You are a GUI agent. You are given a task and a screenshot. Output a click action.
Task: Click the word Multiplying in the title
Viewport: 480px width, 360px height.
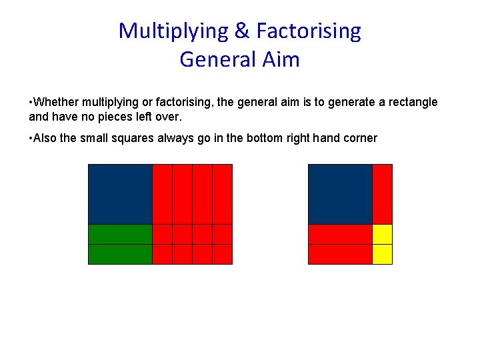tap(172, 31)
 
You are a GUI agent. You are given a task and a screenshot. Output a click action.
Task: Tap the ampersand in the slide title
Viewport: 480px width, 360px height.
tap(241, 31)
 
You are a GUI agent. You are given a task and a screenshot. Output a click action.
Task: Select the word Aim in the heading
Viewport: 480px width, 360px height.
tap(284, 59)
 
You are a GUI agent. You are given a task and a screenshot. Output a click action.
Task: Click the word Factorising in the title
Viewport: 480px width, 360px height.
tap(309, 31)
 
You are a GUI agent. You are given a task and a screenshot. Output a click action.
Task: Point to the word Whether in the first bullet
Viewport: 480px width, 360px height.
tap(55, 103)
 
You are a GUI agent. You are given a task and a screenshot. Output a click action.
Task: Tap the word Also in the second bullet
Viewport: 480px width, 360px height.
tap(46, 139)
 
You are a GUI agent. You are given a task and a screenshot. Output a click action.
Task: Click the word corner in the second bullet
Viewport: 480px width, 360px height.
tap(360, 139)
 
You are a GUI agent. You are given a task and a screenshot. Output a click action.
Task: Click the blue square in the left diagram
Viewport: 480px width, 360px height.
tap(121, 194)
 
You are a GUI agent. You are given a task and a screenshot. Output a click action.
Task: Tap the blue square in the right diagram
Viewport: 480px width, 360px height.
tap(340, 194)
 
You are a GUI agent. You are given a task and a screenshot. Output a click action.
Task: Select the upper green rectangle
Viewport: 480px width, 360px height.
tap(121, 235)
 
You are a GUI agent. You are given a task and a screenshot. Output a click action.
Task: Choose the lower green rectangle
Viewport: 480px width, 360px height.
tap(121, 255)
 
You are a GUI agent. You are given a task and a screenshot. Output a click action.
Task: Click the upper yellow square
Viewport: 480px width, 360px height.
tap(382, 235)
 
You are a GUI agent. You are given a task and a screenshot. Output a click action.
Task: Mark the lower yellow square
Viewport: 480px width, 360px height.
tap(382, 255)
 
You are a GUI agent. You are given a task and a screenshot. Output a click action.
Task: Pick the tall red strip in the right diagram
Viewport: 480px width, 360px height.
tap(382, 194)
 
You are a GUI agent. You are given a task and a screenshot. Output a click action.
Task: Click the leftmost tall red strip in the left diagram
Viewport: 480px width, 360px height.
tap(163, 194)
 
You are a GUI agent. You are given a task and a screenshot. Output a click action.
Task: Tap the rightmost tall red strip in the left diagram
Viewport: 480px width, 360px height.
tap(223, 194)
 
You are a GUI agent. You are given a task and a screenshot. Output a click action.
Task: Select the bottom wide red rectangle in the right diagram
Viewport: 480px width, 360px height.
tap(340, 255)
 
